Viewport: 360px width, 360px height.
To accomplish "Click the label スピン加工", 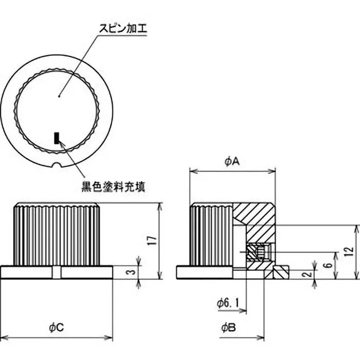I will [x=122, y=29].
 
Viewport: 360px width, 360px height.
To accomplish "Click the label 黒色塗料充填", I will [x=113, y=186].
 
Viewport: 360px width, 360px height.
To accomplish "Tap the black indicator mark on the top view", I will [x=57, y=137].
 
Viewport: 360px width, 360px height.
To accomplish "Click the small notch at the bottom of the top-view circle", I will [x=57, y=166].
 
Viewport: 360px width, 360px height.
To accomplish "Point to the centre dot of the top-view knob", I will [x=60, y=95].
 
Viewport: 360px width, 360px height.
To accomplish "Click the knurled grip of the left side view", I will [x=57, y=234].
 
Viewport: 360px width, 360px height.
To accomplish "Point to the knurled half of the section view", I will [x=211, y=234].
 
